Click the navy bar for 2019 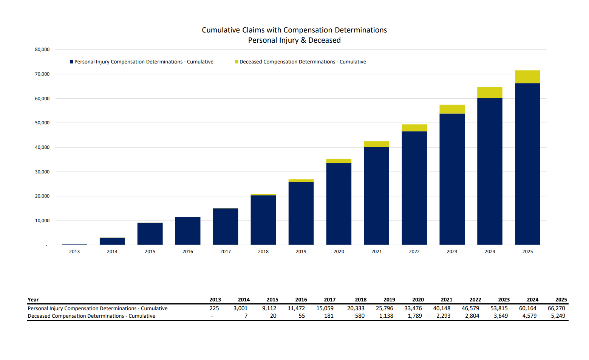(301, 213)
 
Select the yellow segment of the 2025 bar (527, 77)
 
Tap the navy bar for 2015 (150, 234)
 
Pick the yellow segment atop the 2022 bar (414, 128)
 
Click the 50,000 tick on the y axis (42, 123)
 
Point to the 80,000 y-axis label (42, 49)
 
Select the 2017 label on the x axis (226, 252)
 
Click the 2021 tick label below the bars (376, 252)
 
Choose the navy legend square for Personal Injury (71, 62)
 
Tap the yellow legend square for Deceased (237, 62)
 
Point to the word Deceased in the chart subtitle (324, 40)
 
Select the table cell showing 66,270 (556, 308)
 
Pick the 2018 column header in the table (360, 300)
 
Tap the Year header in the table (33, 300)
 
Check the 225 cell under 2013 (214, 308)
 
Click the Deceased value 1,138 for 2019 (386, 316)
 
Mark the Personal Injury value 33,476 (413, 308)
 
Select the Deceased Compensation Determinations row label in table (91, 316)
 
